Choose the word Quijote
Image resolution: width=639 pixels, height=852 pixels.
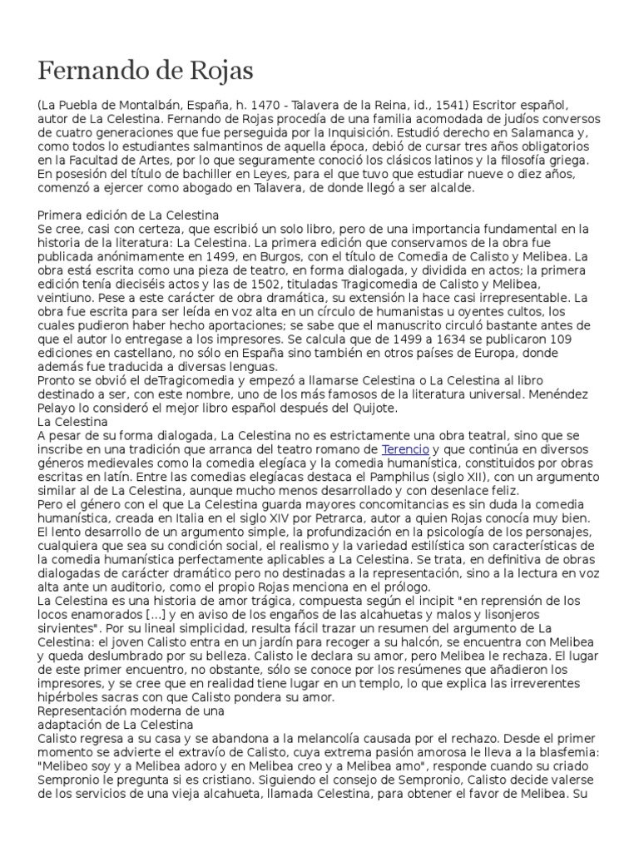point(372,408)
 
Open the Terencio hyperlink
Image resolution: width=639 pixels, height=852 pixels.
point(404,449)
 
